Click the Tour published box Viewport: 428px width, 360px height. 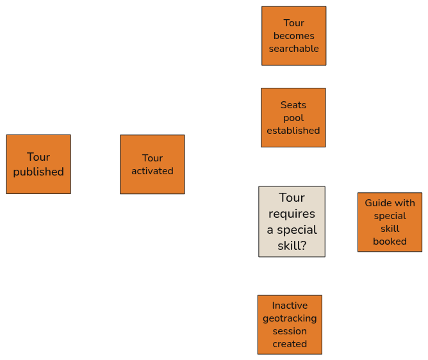pyautogui.click(x=38, y=164)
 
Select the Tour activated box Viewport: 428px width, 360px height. pyautogui.click(x=152, y=164)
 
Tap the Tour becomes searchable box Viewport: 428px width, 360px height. pyautogui.click(x=293, y=36)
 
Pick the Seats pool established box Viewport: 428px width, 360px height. pyautogui.click(x=293, y=118)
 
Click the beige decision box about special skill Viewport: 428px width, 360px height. pyautogui.click(x=292, y=222)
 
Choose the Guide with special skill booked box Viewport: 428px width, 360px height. pyautogui.click(x=390, y=222)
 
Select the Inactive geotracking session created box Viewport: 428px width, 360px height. pyautogui.click(x=290, y=324)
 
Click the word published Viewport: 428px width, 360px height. pyautogui.click(x=38, y=172)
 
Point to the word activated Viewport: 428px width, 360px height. pyautogui.click(x=152, y=171)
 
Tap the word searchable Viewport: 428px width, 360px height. pyautogui.click(x=293, y=49)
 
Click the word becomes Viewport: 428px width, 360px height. pyautogui.click(x=293, y=36)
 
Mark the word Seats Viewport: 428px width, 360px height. pyautogui.click(x=293, y=105)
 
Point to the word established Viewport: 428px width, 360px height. pyautogui.click(x=293, y=131)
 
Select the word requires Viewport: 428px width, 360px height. pyautogui.click(x=292, y=213)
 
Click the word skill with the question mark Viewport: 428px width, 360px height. pyautogui.click(x=292, y=245)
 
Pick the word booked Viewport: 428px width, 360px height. pyautogui.click(x=390, y=241)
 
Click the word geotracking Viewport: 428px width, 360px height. pyautogui.click(x=290, y=318)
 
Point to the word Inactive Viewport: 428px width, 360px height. pyautogui.click(x=290, y=306)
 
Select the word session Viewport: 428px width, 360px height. pyautogui.click(x=290, y=331)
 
